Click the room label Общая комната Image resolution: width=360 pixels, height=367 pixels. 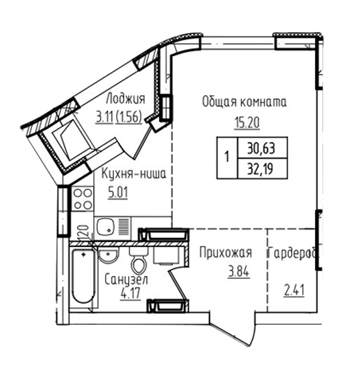pos(244,102)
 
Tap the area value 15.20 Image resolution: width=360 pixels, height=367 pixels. pos(247,123)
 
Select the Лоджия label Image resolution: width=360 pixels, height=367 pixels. pos(125,98)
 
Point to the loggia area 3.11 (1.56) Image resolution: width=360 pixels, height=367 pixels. pos(119,117)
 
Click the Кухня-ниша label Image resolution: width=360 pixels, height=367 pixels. pos(133,173)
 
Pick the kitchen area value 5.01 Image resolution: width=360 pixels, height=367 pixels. pos(118,193)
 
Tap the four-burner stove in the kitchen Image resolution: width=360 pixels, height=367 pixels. pos(82,199)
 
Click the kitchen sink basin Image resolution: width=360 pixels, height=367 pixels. pos(106,226)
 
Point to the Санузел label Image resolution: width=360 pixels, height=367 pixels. pos(126,280)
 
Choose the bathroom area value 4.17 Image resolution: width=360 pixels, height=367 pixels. pos(131,293)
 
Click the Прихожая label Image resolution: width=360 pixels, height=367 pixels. pos(225,252)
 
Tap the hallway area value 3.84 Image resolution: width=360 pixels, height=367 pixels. pos(239,272)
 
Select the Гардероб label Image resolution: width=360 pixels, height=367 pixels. pos(293,252)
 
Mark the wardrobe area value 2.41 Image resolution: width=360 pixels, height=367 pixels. pos(294,291)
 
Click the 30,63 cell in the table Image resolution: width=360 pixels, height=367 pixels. pos(262,147)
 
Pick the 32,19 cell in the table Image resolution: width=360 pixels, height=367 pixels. pos(262,168)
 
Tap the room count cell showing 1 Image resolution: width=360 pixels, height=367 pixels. pos(227,158)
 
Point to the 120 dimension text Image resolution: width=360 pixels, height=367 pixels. pos(84,232)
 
